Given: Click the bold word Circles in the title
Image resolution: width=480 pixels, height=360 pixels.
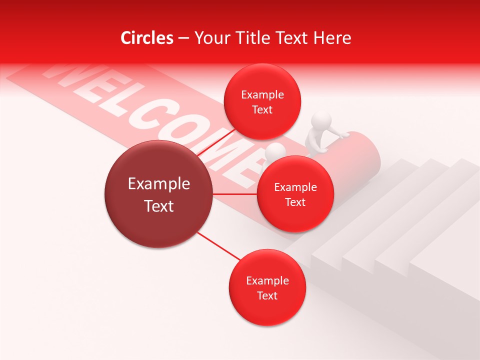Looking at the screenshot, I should tap(147, 38).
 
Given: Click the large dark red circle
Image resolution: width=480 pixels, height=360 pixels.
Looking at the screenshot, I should tap(158, 194).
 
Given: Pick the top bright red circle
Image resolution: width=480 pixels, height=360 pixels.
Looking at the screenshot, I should tap(262, 101).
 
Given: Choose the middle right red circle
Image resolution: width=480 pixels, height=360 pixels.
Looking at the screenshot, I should tap(295, 194).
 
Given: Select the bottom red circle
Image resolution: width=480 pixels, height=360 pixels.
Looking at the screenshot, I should tap(267, 287).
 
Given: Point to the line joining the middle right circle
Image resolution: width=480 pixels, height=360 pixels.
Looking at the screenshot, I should tap(235, 194).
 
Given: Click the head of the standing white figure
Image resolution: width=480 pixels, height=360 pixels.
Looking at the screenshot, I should tap(321, 121).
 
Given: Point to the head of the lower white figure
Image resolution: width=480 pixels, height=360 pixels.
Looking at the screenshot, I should tap(275, 151).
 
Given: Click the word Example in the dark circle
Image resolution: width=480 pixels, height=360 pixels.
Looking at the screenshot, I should tap(158, 184).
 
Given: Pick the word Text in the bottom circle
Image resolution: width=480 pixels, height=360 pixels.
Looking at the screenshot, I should tap(267, 295).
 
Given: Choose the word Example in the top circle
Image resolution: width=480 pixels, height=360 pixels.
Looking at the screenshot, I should tap(262, 94).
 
